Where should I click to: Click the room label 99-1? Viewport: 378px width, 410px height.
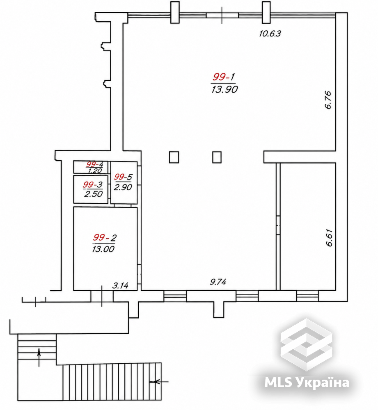point(224,77)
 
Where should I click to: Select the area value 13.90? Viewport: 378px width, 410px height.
point(225,89)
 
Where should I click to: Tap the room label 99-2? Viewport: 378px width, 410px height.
point(105,237)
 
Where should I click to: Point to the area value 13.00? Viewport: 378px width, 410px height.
point(103,249)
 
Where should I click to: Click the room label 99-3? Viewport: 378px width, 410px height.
point(93,184)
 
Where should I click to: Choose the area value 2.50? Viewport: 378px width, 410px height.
point(94,194)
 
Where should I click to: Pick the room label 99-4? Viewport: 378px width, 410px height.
point(95,164)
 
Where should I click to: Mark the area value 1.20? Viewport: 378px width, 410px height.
point(95,171)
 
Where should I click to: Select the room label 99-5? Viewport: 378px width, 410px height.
point(123,177)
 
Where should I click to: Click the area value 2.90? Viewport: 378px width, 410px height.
point(123,187)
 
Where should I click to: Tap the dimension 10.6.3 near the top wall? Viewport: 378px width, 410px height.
point(270,34)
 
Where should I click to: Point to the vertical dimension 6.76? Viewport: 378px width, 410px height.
point(328,100)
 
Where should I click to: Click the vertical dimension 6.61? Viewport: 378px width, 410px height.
point(329,238)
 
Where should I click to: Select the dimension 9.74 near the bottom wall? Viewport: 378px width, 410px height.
point(218,282)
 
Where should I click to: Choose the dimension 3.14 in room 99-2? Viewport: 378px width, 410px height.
point(120,285)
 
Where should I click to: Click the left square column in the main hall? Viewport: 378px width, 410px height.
point(174,157)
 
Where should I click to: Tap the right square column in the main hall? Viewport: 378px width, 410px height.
point(217,157)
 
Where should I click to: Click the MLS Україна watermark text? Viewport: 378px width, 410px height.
point(307,383)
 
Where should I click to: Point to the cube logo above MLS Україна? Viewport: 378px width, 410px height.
point(306,345)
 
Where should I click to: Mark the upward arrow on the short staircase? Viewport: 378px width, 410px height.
point(39,357)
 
